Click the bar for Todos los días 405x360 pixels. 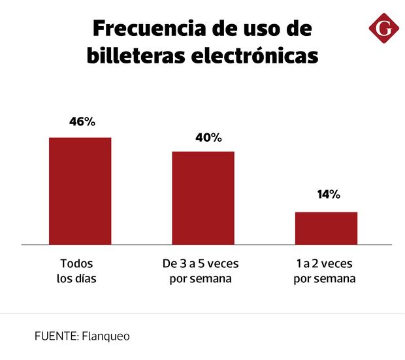coord(80,191)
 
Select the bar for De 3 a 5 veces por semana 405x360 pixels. coord(203,198)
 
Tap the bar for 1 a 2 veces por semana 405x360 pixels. coord(326,228)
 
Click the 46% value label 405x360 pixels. coord(82,122)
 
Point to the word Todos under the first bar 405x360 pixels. coord(76,265)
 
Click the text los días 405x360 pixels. coord(76,279)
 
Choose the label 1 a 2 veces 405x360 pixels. coord(325,265)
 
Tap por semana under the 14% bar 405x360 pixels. coord(325,279)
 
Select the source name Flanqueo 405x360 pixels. coord(106,336)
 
